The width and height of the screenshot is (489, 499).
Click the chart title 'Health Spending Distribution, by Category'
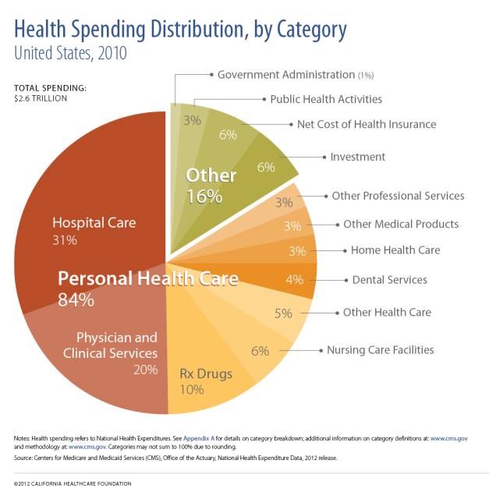point(180,30)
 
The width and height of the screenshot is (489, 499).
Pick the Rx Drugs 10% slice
point(206,374)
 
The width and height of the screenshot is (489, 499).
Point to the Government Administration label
point(285,75)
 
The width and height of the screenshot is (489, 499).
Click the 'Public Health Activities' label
point(325,99)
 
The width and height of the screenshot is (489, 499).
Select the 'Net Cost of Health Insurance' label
point(367,124)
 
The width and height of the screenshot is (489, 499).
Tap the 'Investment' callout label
point(357,157)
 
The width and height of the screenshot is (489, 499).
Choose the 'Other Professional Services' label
point(398,196)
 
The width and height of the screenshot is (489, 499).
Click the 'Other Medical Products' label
point(401,224)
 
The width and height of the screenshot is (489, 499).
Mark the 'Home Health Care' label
point(395,250)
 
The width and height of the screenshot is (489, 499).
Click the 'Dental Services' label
point(390,279)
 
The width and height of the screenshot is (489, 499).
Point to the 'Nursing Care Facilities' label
point(380,349)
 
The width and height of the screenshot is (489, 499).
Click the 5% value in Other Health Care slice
point(283,313)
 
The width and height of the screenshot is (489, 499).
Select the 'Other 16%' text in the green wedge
point(211,186)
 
